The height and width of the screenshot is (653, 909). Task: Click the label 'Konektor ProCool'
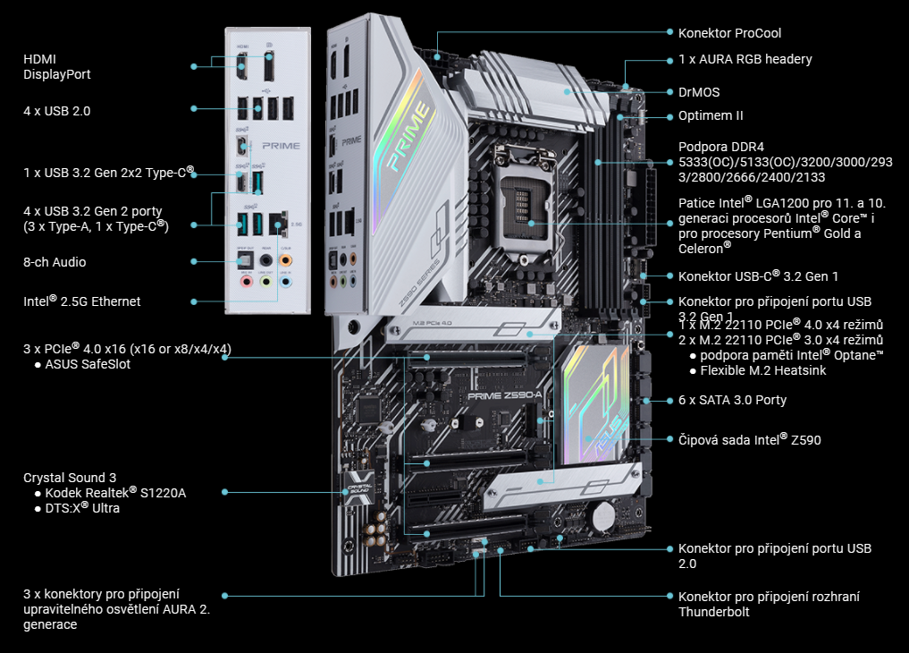coord(729,33)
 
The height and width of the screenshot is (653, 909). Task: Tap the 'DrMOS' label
coord(699,92)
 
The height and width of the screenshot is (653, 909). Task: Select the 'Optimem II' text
coord(711,115)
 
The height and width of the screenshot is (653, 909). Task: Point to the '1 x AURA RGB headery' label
coord(745,59)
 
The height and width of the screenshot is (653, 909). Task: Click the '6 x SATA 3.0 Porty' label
coord(732,400)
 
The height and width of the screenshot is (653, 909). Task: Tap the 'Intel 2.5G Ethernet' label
coord(81,301)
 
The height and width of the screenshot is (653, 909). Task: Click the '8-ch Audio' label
coord(55,262)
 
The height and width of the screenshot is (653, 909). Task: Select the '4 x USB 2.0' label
coord(56,111)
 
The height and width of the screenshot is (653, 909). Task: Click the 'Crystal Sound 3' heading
coord(70,478)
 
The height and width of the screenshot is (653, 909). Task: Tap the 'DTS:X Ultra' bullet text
coord(82,508)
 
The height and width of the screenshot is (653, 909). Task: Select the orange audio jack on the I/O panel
coord(285,259)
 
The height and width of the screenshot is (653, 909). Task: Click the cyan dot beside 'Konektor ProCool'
coord(669,32)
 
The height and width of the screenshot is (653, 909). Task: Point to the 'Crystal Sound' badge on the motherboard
coord(358,485)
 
